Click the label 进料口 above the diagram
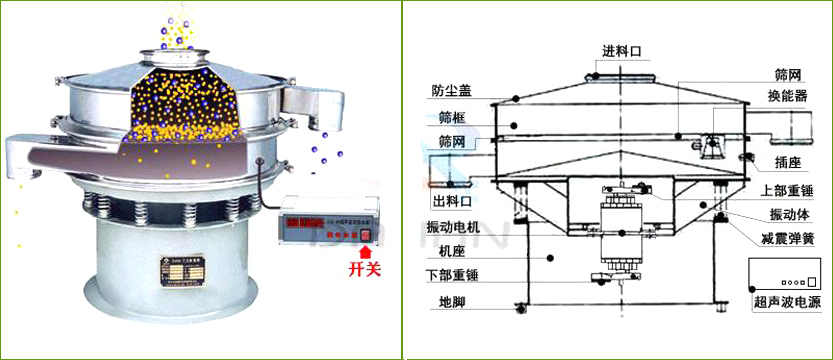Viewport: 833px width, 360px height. tap(621, 50)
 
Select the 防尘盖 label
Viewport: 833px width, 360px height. tap(452, 90)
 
